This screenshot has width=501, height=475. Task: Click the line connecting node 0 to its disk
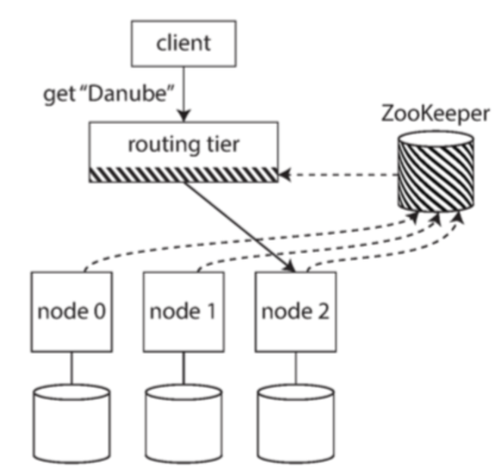pos(71,370)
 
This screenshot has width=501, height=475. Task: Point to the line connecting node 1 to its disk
pos(183,370)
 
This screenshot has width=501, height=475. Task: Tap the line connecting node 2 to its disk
pos(295,370)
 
